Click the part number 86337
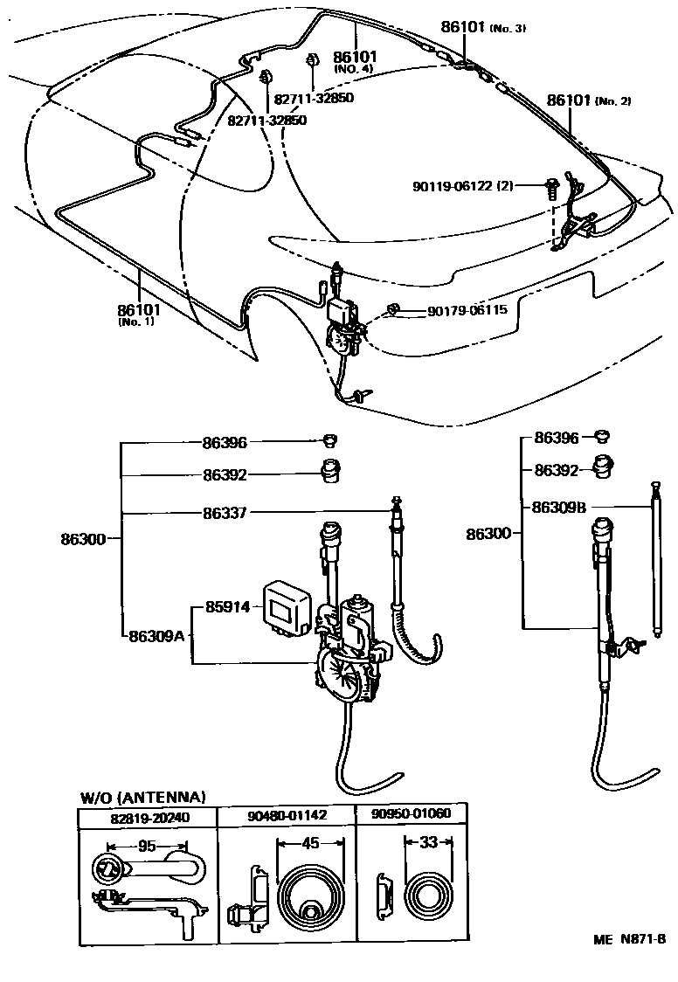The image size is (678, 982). click(x=225, y=513)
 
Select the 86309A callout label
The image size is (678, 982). click(x=156, y=635)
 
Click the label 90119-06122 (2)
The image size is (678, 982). click(x=463, y=186)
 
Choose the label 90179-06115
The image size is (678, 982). click(x=467, y=309)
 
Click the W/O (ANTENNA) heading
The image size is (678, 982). click(x=142, y=797)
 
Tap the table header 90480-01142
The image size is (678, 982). click(x=286, y=816)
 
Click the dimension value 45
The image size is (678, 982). click(x=310, y=843)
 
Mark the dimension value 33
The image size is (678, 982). click(x=427, y=842)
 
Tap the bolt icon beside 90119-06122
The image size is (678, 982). click(x=552, y=186)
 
